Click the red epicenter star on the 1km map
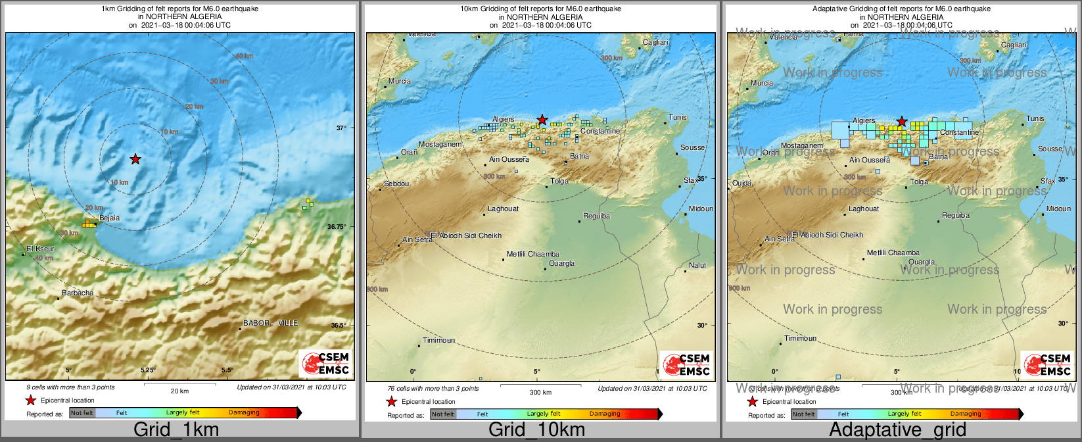[x=135, y=159]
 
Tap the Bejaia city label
[x=109, y=218]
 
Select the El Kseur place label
[x=41, y=249]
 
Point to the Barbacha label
[x=78, y=293]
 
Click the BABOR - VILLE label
[x=270, y=323]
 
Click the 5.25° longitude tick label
[x=149, y=370]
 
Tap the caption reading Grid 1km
[x=176, y=430]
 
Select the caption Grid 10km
[x=536, y=430]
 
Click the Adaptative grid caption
[x=897, y=430]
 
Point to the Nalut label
[x=697, y=265]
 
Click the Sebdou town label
[x=396, y=184]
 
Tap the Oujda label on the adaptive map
[x=741, y=183]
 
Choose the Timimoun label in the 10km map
[x=438, y=340]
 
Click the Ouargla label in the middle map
[x=561, y=263]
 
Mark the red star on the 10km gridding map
[x=542, y=119]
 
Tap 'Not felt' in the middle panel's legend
[x=442, y=414]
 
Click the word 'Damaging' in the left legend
[x=244, y=412]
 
